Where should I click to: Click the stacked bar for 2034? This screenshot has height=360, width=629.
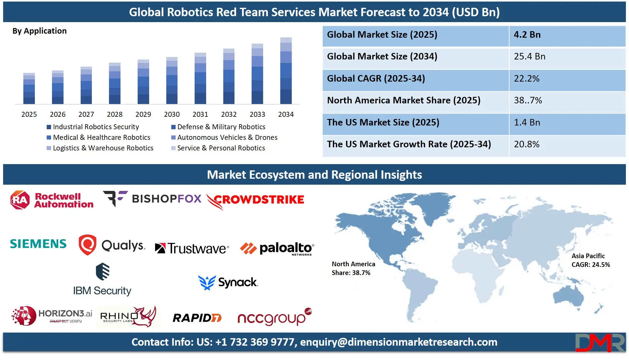pyautogui.click(x=286, y=71)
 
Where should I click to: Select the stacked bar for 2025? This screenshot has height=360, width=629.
pyautogui.click(x=29, y=89)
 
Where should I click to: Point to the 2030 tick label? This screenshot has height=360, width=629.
pyautogui.click(x=172, y=114)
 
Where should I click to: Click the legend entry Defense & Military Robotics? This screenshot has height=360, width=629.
pyautogui.click(x=221, y=127)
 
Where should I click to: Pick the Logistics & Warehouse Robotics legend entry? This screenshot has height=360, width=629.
pyautogui.click(x=103, y=148)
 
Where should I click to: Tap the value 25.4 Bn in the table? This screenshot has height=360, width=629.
pyautogui.click(x=529, y=56)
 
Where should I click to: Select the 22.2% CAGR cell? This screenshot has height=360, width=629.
pyautogui.click(x=527, y=78)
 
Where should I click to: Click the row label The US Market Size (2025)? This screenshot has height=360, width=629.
pyautogui.click(x=383, y=122)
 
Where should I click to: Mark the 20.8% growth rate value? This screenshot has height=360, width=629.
pyautogui.click(x=527, y=144)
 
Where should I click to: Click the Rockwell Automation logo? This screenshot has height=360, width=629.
pyautogui.click(x=52, y=200)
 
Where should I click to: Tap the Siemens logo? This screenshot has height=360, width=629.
pyautogui.click(x=38, y=244)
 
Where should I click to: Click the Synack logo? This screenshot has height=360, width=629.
pyautogui.click(x=228, y=282)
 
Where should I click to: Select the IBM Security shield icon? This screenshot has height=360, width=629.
pyautogui.click(x=102, y=272)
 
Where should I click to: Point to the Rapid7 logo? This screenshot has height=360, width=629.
pyautogui.click(x=197, y=318)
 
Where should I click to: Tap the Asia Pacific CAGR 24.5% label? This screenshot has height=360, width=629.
pyautogui.click(x=590, y=260)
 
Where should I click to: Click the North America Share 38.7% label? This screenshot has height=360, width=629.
pyautogui.click(x=353, y=268)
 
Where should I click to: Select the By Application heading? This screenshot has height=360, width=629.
pyautogui.click(x=40, y=31)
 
